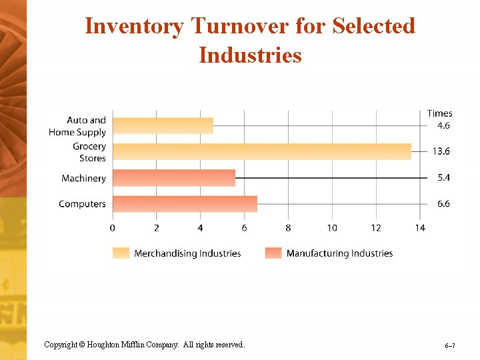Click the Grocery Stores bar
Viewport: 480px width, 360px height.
261,151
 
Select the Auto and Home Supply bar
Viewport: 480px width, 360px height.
163,125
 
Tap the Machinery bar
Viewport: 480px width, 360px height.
174,178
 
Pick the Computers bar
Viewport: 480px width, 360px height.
185,203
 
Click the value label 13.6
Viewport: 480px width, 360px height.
441,151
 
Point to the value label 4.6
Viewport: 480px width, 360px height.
443,125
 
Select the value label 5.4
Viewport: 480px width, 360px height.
443,178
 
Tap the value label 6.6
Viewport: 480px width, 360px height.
443,203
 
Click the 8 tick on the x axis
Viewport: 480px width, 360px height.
288,228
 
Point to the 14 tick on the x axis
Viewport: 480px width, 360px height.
420,228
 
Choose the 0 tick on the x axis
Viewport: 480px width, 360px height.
113,228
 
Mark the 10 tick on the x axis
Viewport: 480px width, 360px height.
332,228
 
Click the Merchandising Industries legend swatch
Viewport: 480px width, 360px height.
121,253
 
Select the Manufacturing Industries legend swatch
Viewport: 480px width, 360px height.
273,253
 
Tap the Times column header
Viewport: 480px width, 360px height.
439,113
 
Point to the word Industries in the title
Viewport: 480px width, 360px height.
250,55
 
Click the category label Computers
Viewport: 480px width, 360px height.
82,203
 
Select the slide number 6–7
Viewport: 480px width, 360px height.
450,346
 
